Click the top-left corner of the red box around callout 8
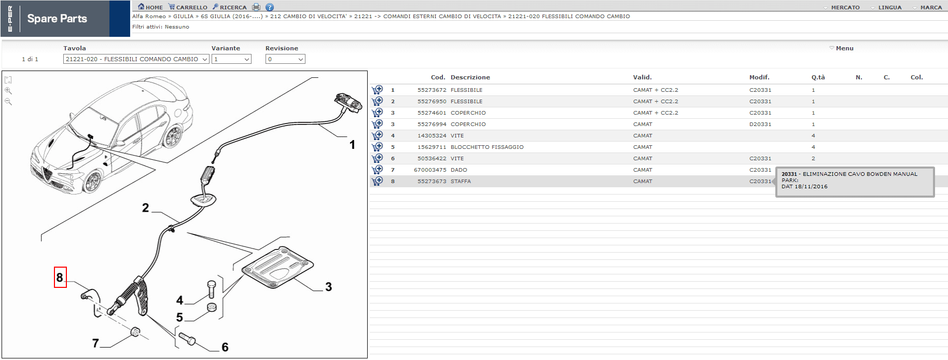(x=54, y=267)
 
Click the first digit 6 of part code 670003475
(x=416, y=170)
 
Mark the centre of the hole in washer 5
(x=212, y=307)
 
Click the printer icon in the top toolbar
(x=256, y=7)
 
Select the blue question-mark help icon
(x=270, y=7)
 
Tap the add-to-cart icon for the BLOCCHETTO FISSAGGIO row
(x=377, y=147)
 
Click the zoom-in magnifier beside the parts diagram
(x=8, y=91)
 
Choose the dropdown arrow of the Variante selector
(x=247, y=59)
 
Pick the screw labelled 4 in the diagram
(x=211, y=289)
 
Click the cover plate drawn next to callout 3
(x=277, y=266)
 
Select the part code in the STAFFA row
(x=431, y=182)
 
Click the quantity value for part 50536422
(x=813, y=159)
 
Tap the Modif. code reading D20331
(x=760, y=124)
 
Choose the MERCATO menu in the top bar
(x=845, y=8)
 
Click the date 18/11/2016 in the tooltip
(x=811, y=187)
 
